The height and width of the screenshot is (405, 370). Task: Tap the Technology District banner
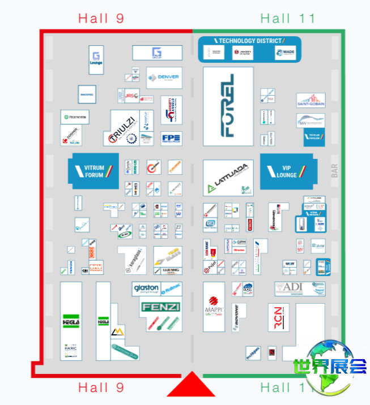pos(249,41)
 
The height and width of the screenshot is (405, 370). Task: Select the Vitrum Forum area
pos(94,171)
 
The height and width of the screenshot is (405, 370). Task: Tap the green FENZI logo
pos(161,307)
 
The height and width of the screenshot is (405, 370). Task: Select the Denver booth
pos(164,77)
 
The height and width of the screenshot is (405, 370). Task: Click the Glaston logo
pos(146,288)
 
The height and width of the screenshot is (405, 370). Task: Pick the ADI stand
pos(292,288)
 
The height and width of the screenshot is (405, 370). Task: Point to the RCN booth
pos(278,318)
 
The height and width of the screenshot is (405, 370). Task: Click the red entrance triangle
pos(192,385)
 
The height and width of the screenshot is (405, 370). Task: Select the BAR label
pos(334,171)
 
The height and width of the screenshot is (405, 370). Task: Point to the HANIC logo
pos(70,348)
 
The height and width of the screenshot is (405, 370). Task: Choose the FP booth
pos(171,138)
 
